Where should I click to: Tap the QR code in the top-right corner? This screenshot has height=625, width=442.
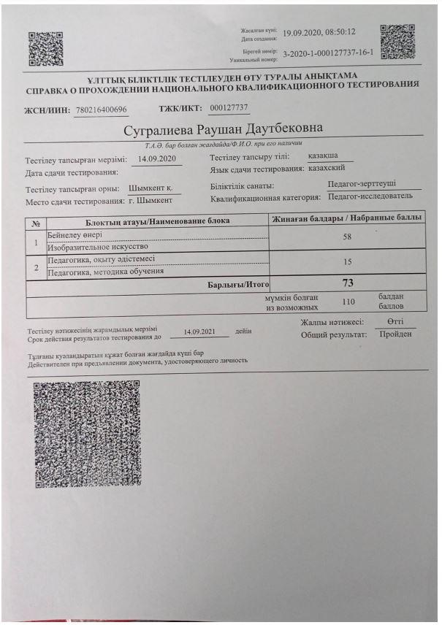click(x=397, y=42)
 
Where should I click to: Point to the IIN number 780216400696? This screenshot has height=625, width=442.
click(x=102, y=110)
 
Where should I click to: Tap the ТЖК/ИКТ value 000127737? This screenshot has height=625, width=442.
click(x=229, y=108)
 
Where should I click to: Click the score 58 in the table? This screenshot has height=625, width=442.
click(x=347, y=237)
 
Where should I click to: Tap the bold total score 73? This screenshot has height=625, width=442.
click(x=348, y=283)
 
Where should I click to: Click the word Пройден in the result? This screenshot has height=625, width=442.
click(x=395, y=334)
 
